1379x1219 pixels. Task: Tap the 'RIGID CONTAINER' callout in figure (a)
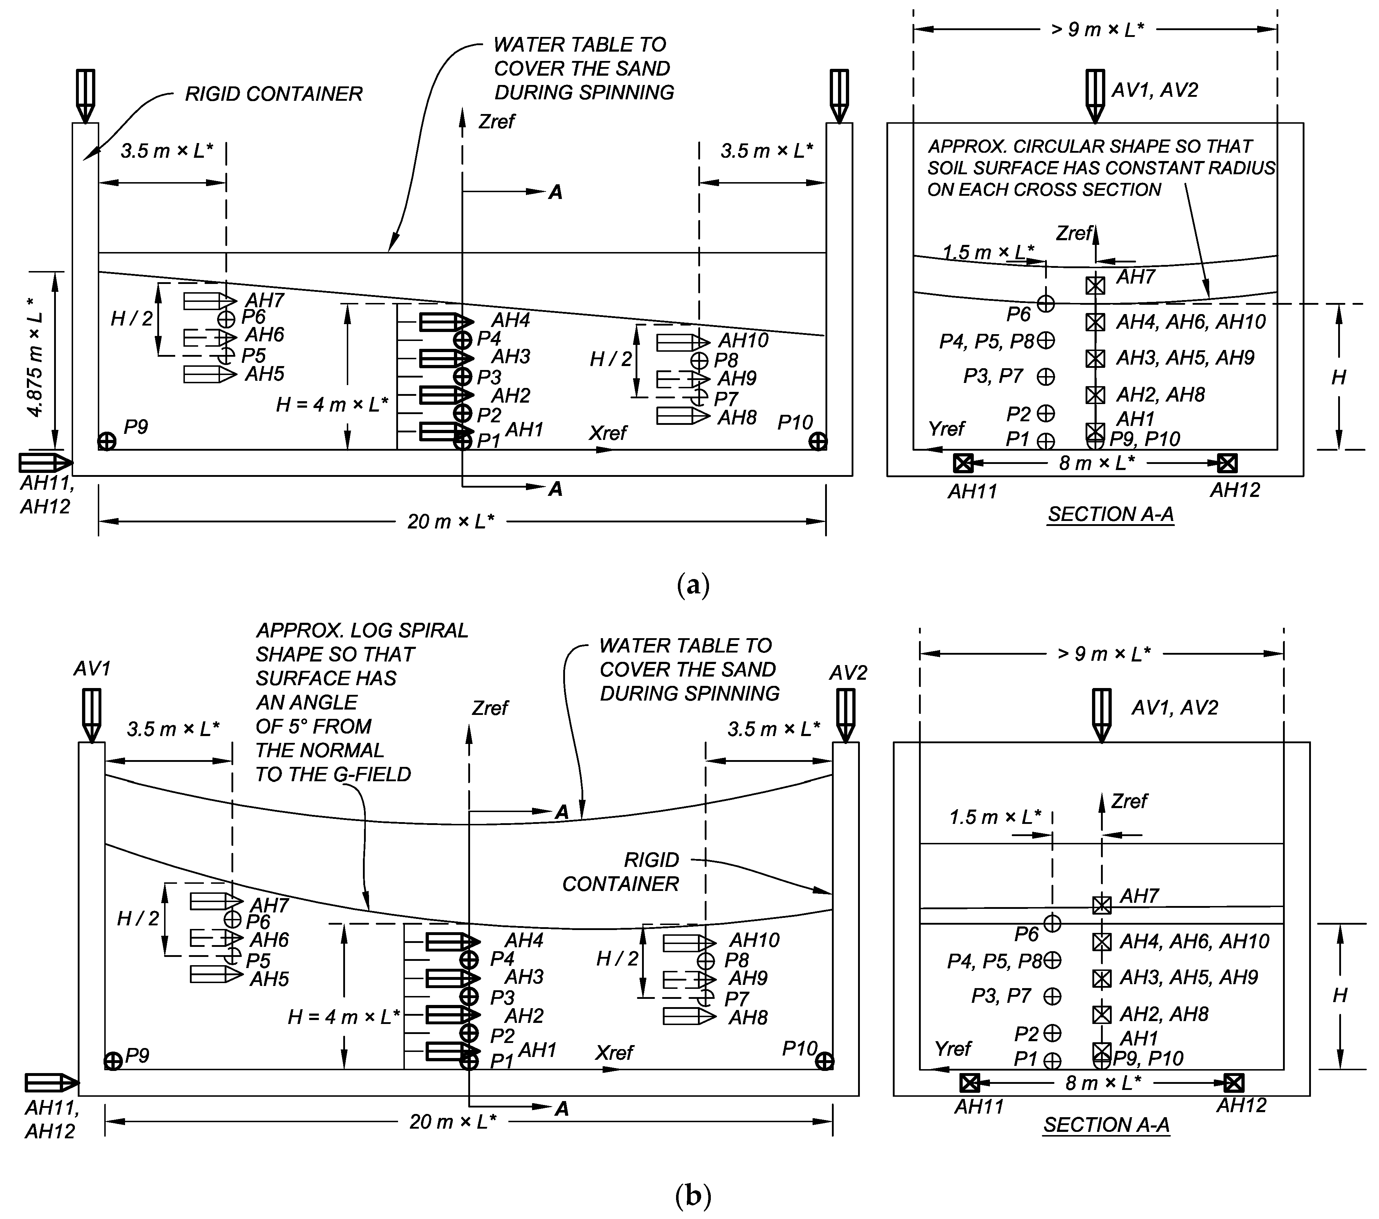(x=273, y=94)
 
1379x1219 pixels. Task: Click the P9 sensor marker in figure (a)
(x=107, y=441)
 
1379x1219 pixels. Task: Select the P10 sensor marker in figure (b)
(x=824, y=1062)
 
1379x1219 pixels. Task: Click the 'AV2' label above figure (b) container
(x=848, y=673)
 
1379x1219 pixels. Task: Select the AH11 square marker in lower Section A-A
(x=969, y=1083)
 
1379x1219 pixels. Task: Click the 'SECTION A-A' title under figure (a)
(x=1111, y=514)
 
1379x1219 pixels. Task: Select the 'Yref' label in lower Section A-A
(x=953, y=1048)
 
